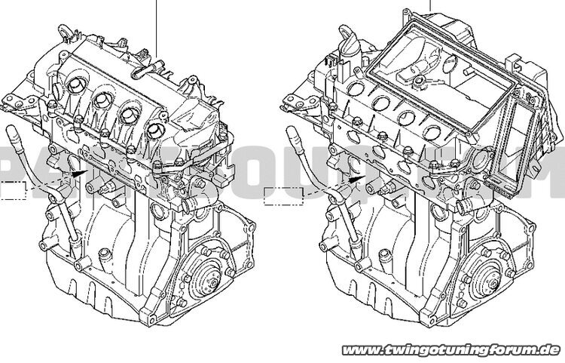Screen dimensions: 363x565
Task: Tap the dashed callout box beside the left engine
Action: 13,191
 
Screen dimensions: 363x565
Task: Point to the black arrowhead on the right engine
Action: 353,179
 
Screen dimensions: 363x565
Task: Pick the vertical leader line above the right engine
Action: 431,6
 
